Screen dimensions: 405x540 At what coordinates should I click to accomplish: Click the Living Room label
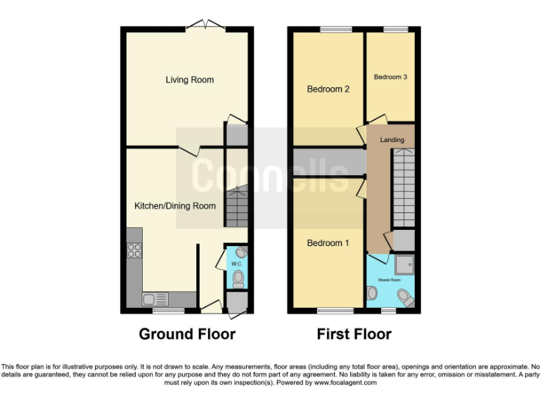pyautogui.click(x=190, y=80)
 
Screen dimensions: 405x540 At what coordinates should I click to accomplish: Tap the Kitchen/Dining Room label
pyautogui.click(x=175, y=206)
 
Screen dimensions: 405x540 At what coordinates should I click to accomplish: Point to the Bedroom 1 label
pyautogui.click(x=328, y=243)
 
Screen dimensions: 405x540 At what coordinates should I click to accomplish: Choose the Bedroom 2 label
pyautogui.click(x=328, y=89)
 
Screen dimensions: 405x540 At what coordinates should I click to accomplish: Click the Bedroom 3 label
pyautogui.click(x=390, y=77)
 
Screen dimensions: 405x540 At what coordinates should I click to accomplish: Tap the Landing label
pyautogui.click(x=392, y=140)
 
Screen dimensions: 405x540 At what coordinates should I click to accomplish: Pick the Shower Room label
pyautogui.click(x=390, y=279)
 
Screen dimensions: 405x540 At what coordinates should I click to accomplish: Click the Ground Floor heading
pyautogui.click(x=187, y=334)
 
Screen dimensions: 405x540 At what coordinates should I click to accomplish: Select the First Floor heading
pyautogui.click(x=354, y=334)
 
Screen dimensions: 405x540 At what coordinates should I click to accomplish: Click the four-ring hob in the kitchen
pyautogui.click(x=134, y=250)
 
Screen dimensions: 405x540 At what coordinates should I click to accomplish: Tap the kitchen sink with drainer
pyautogui.click(x=156, y=300)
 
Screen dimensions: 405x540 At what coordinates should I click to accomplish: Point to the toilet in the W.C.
pyautogui.click(x=238, y=281)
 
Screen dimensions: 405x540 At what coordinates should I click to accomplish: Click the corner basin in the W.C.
pyautogui.click(x=241, y=252)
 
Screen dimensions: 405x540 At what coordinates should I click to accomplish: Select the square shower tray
pyautogui.click(x=402, y=264)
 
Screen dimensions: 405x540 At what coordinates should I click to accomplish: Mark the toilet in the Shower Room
pyautogui.click(x=405, y=297)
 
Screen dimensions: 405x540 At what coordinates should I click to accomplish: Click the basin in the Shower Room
pyautogui.click(x=371, y=292)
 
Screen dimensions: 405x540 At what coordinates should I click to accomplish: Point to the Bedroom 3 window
pyautogui.click(x=395, y=30)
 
